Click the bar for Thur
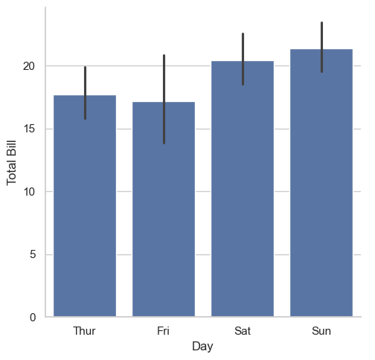(85, 206)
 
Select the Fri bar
(164, 209)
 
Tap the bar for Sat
(243, 189)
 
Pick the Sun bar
(321, 183)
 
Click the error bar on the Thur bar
(85, 93)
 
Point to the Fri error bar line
(164, 99)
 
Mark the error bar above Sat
(243, 59)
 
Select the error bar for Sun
(321, 47)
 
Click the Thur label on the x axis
(84, 331)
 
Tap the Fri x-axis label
(163, 331)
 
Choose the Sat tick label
(243, 331)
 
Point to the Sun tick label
(321, 331)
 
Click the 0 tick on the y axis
(33, 318)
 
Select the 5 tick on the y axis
(33, 254)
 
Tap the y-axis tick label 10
(29, 192)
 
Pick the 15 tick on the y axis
(29, 129)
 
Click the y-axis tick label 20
(29, 66)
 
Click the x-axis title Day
(202, 347)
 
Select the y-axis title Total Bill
(11, 163)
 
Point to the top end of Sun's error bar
(321, 22)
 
